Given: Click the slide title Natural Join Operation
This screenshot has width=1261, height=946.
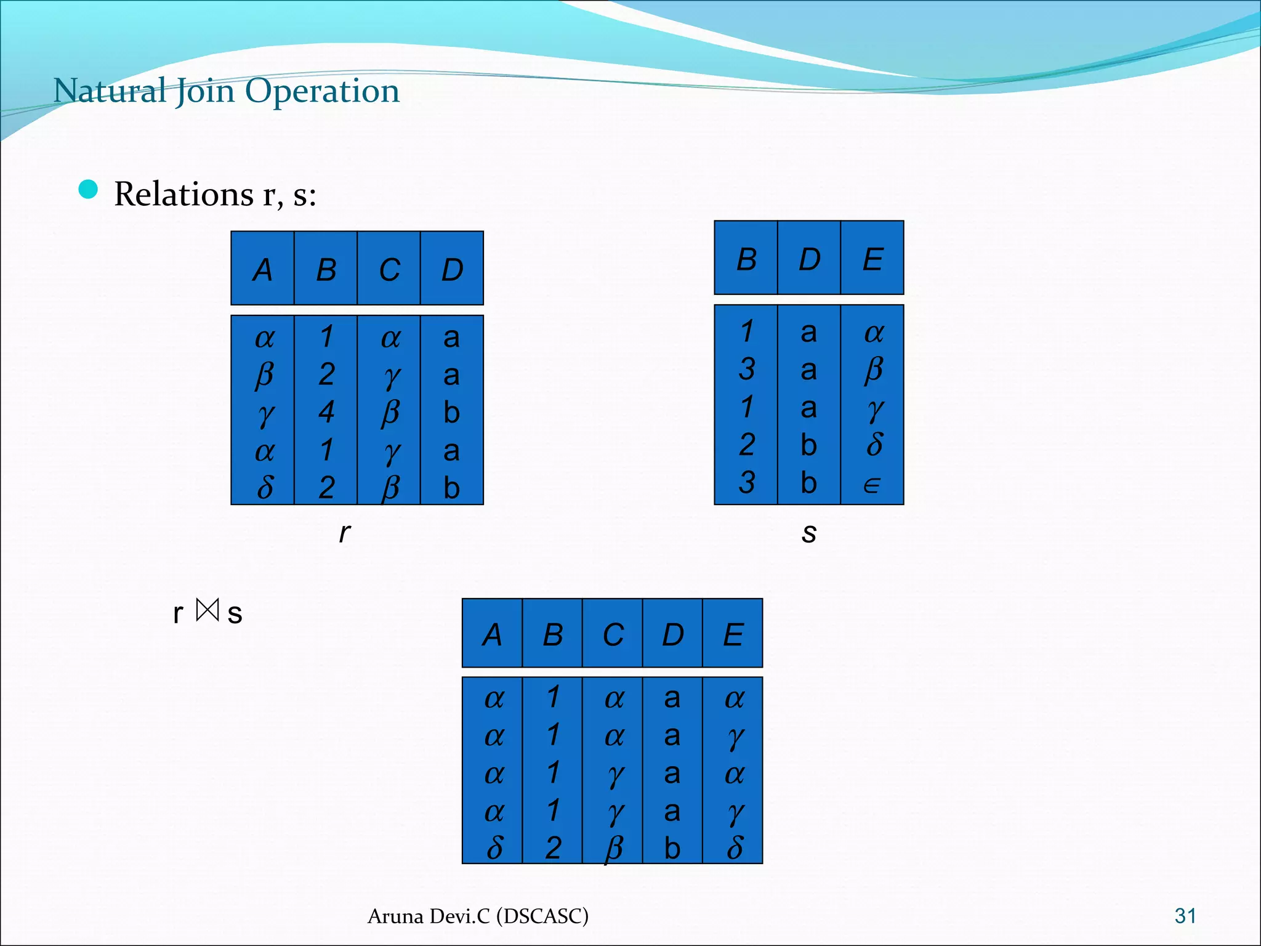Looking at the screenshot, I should (x=226, y=91).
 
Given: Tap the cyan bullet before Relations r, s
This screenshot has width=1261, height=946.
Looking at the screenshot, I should (x=89, y=190).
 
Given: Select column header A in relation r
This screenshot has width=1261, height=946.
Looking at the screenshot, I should (x=263, y=270).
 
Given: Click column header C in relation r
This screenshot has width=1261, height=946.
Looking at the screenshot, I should (x=389, y=270).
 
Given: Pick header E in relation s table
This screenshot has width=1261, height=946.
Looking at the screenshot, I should (x=872, y=259).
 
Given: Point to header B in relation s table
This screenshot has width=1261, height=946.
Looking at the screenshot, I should (x=746, y=259).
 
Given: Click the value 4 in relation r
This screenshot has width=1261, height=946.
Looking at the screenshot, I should (x=326, y=412).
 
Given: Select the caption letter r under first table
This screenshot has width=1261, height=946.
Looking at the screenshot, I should (x=345, y=533).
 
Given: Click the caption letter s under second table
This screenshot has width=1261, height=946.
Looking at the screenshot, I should (x=808, y=533).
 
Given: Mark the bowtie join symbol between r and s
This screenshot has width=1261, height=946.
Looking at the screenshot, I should (x=207, y=610).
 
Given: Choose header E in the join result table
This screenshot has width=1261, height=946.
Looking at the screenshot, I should (x=733, y=634).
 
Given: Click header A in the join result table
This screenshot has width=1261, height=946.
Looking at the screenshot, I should (x=492, y=634).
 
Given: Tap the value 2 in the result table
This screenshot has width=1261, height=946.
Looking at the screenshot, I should (x=553, y=848).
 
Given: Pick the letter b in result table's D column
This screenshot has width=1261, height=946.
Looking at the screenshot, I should (x=672, y=848).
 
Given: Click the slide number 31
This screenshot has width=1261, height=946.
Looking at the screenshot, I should (x=1185, y=916).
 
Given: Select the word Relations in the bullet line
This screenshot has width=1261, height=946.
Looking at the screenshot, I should (x=183, y=194).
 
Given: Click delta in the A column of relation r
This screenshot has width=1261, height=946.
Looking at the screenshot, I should (x=265, y=487).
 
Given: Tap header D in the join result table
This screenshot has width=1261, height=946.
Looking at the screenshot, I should (x=672, y=634).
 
